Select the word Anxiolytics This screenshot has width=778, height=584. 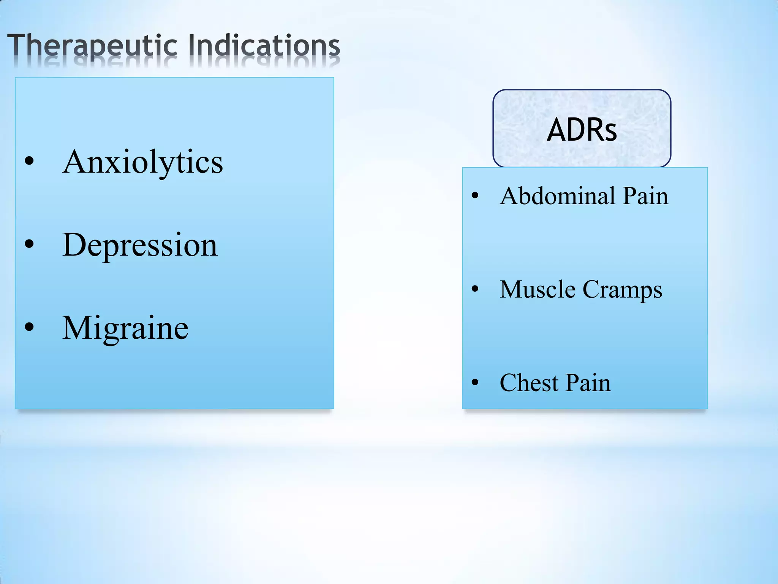(143, 163)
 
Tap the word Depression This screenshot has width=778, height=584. (140, 246)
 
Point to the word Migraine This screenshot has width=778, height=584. (125, 328)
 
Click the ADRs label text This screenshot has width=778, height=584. (582, 130)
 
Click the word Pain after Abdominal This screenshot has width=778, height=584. (645, 196)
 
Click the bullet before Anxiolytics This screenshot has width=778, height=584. (29, 161)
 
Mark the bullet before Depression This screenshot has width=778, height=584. (29, 244)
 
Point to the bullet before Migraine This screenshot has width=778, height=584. (29, 327)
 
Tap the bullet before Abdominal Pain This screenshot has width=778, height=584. (475, 196)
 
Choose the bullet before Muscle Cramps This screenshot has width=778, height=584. (475, 289)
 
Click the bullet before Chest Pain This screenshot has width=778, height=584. (475, 382)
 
